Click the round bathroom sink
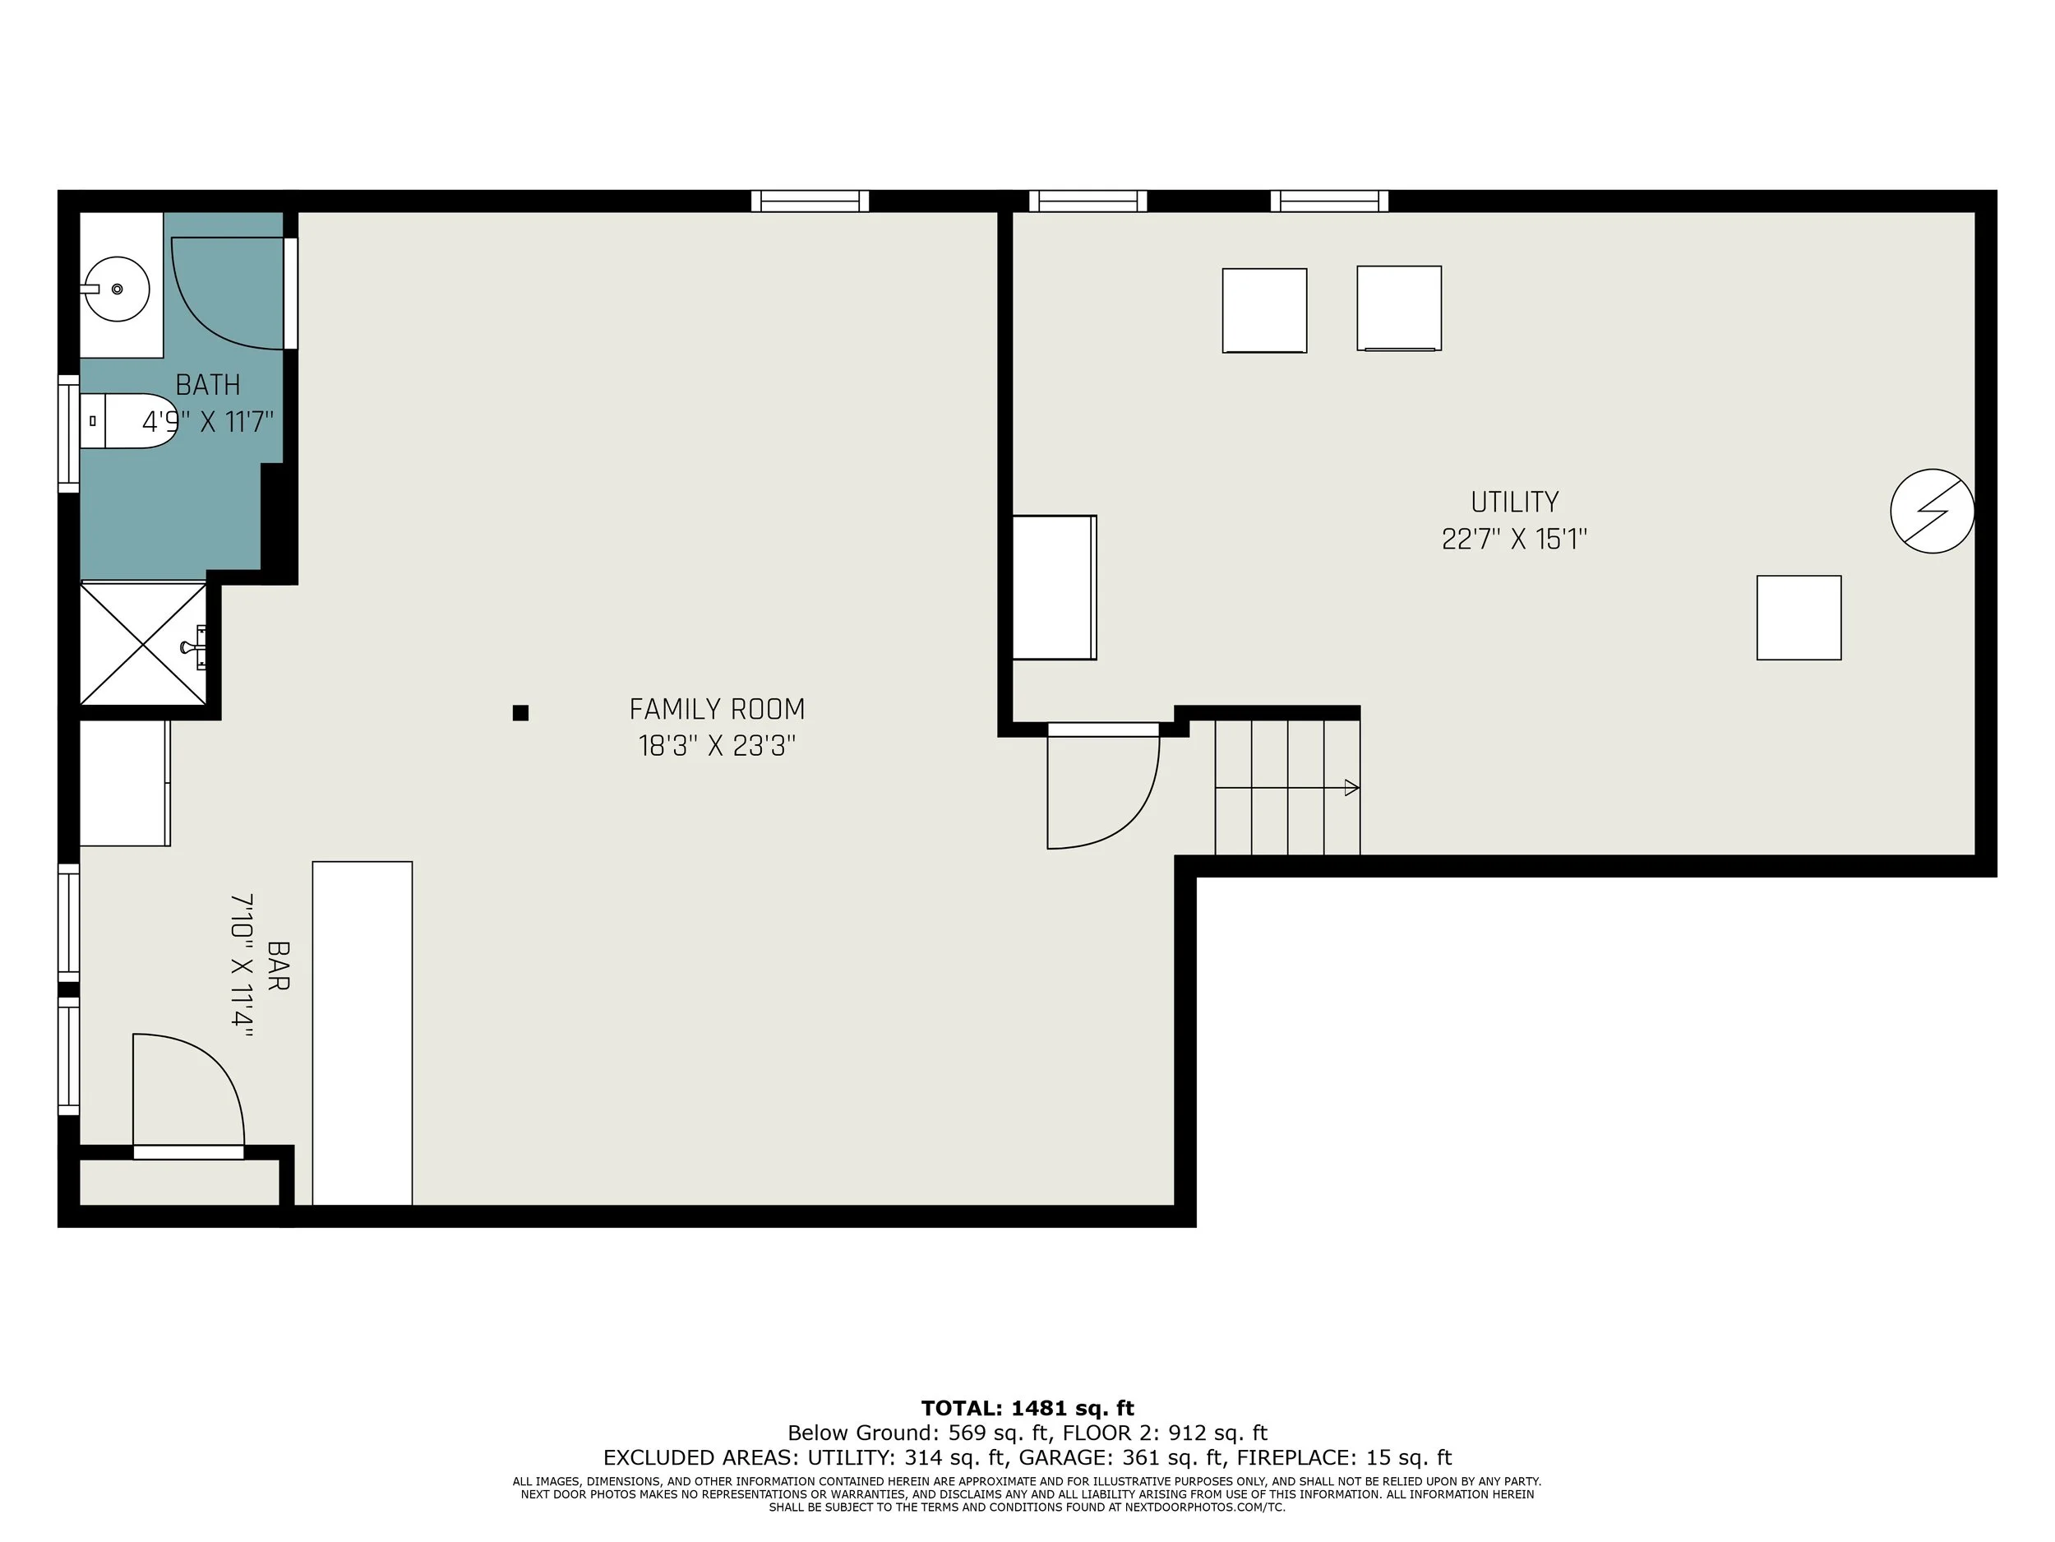(x=117, y=289)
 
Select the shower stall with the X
(x=143, y=643)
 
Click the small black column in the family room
(x=520, y=713)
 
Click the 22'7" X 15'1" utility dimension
(x=1514, y=539)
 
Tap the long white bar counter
(x=363, y=1032)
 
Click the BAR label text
(x=278, y=965)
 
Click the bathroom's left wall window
(x=69, y=433)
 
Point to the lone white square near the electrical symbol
(x=1799, y=618)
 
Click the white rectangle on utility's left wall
(x=1054, y=587)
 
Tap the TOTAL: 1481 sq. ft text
(x=1027, y=1408)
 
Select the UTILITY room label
(x=1514, y=502)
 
